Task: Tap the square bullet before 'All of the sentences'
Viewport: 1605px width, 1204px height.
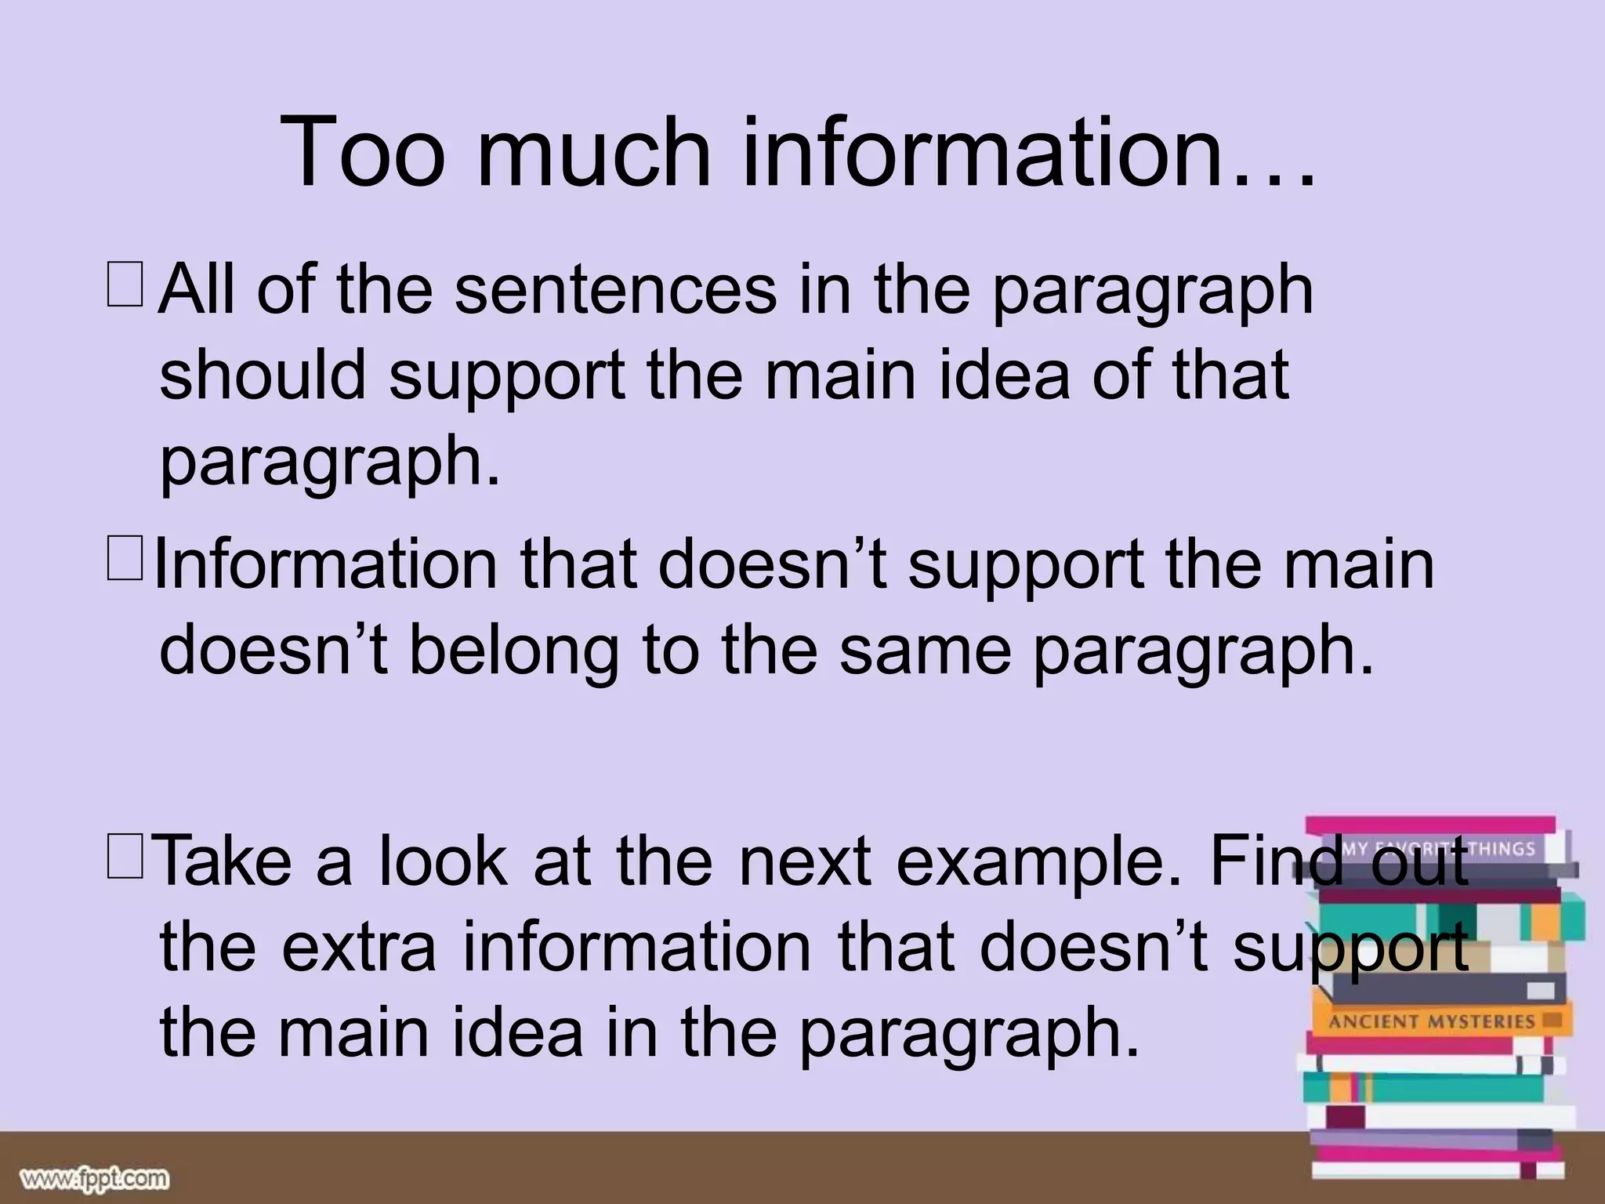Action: click(125, 286)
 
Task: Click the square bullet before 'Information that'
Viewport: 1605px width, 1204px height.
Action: click(125, 560)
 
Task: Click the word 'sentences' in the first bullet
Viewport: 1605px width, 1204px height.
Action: click(615, 290)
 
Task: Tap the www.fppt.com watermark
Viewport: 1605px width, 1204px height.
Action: click(95, 1178)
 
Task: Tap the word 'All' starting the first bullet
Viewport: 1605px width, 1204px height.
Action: click(196, 290)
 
